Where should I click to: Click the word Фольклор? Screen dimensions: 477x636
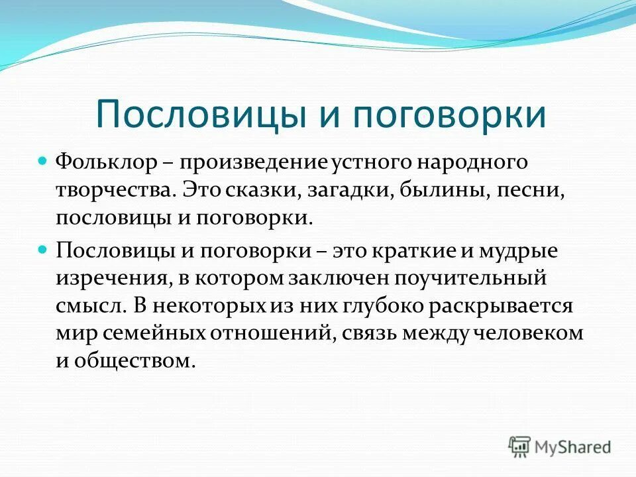pos(106,162)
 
